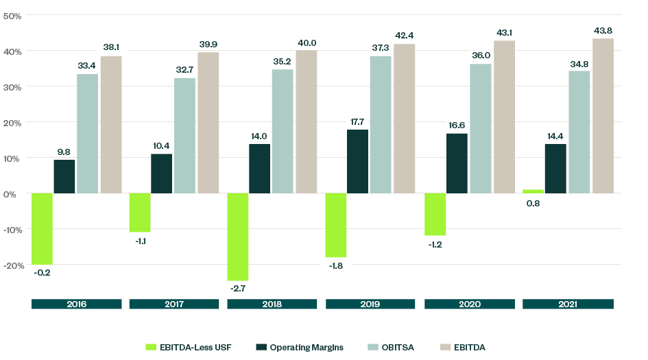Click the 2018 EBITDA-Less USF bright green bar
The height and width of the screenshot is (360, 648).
238,237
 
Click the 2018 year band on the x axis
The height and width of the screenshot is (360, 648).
272,304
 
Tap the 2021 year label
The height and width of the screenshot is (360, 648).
568,304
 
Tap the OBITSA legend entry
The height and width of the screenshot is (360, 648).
398,348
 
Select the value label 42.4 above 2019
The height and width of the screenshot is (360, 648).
404,34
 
